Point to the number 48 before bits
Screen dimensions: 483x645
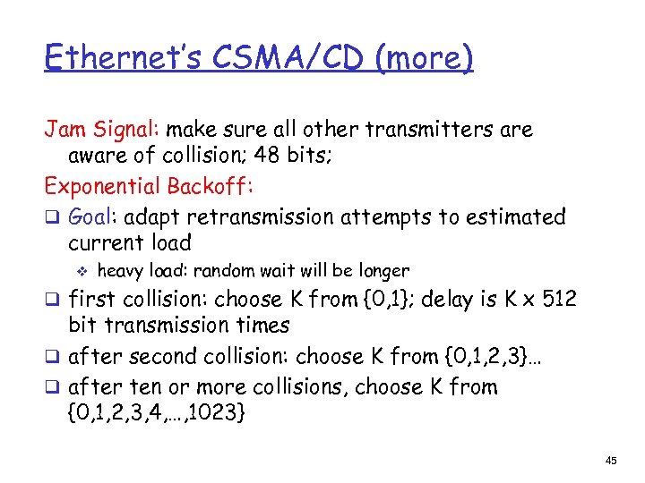[x=266, y=156]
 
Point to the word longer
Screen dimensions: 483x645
[x=383, y=271]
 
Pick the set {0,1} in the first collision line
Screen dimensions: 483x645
[x=378, y=299]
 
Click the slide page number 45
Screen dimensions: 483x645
[x=611, y=461]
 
